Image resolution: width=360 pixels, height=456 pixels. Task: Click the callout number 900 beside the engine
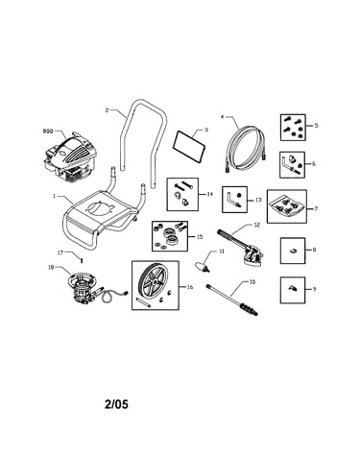(47, 131)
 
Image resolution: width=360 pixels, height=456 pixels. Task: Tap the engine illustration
(70, 156)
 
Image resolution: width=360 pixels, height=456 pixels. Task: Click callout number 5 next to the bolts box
(316, 126)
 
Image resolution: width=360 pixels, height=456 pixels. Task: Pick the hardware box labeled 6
(293, 165)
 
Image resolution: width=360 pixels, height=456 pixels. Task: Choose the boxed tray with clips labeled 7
(287, 206)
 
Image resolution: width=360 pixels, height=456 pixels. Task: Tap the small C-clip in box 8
(293, 251)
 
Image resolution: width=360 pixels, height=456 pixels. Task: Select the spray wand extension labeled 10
(232, 300)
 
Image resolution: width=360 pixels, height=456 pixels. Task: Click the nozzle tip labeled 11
(203, 267)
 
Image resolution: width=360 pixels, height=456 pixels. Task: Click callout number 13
(258, 200)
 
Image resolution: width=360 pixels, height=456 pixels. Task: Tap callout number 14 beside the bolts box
(209, 194)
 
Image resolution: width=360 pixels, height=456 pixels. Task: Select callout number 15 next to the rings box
(200, 237)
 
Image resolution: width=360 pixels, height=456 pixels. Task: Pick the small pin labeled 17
(82, 260)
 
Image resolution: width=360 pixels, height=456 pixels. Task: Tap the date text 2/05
(116, 404)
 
